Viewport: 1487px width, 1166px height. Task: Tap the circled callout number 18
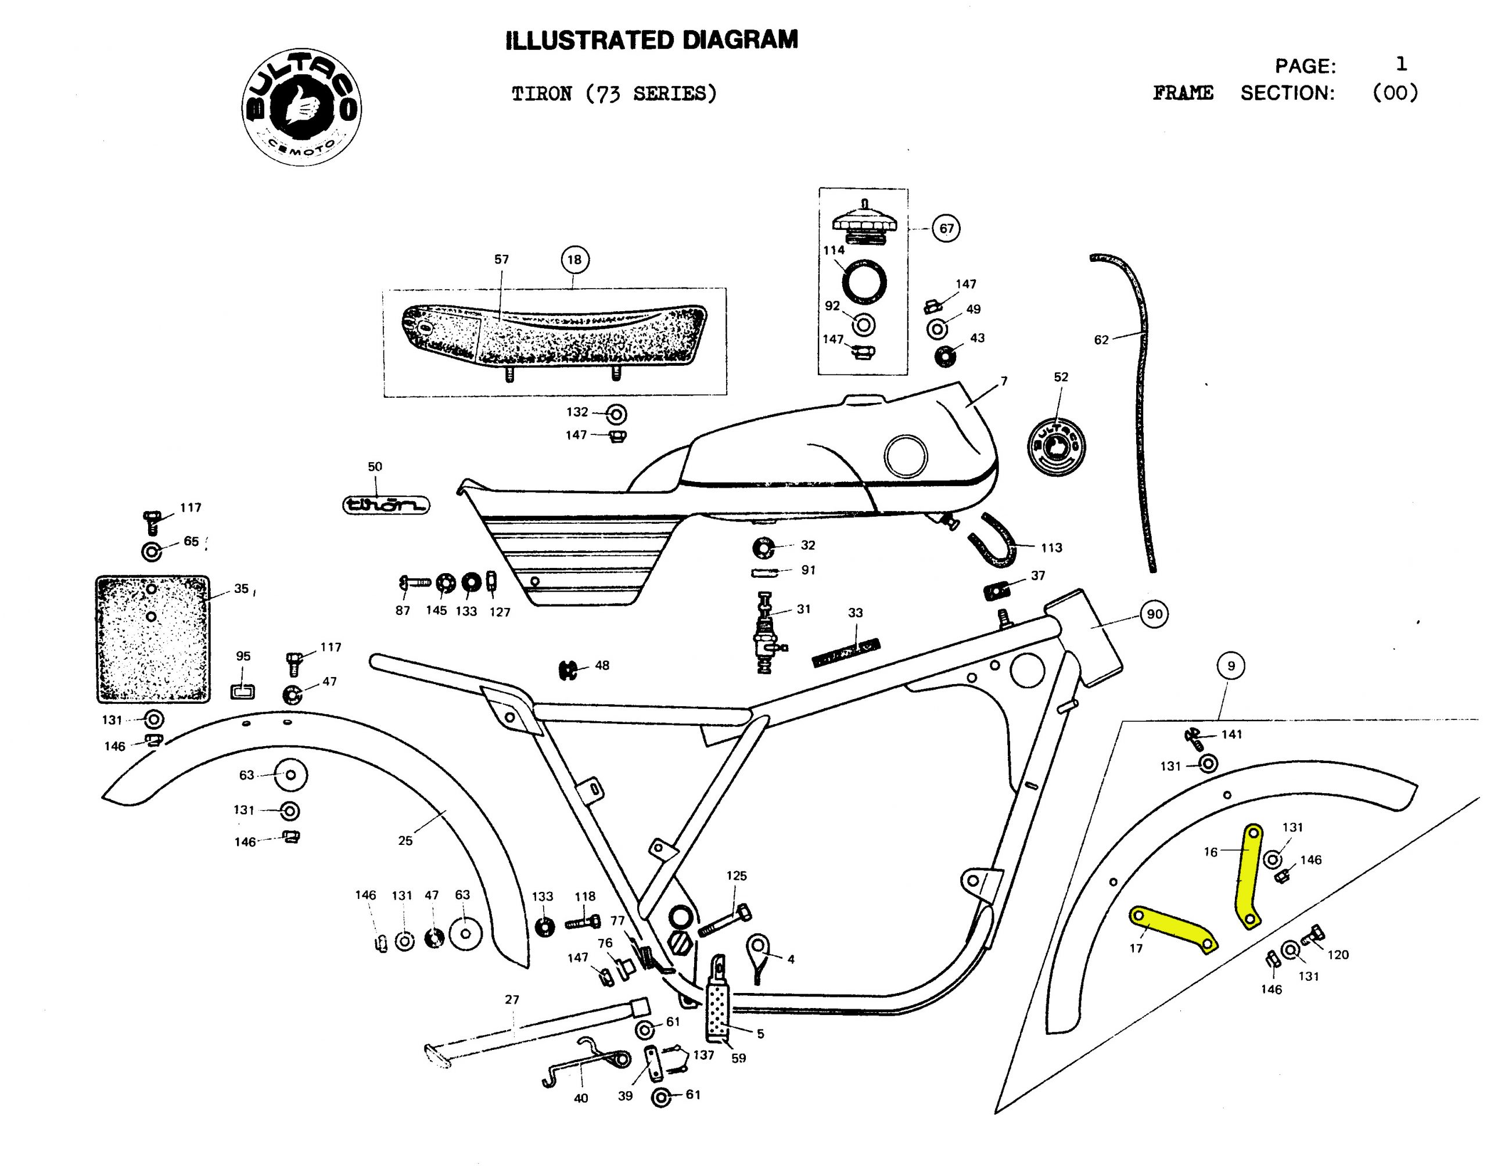574,260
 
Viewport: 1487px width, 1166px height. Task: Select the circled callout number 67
946,228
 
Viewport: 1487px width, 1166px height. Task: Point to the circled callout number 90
1154,614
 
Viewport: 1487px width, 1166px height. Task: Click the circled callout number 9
1230,665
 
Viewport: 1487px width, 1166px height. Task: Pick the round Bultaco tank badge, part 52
1056,446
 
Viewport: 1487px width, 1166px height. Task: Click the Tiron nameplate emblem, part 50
386,505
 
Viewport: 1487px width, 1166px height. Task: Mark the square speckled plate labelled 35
152,638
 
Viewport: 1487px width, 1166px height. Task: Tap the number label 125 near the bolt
736,875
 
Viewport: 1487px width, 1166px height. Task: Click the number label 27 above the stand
512,999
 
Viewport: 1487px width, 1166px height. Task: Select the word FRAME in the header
1183,93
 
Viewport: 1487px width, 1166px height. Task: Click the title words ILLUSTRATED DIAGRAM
651,40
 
